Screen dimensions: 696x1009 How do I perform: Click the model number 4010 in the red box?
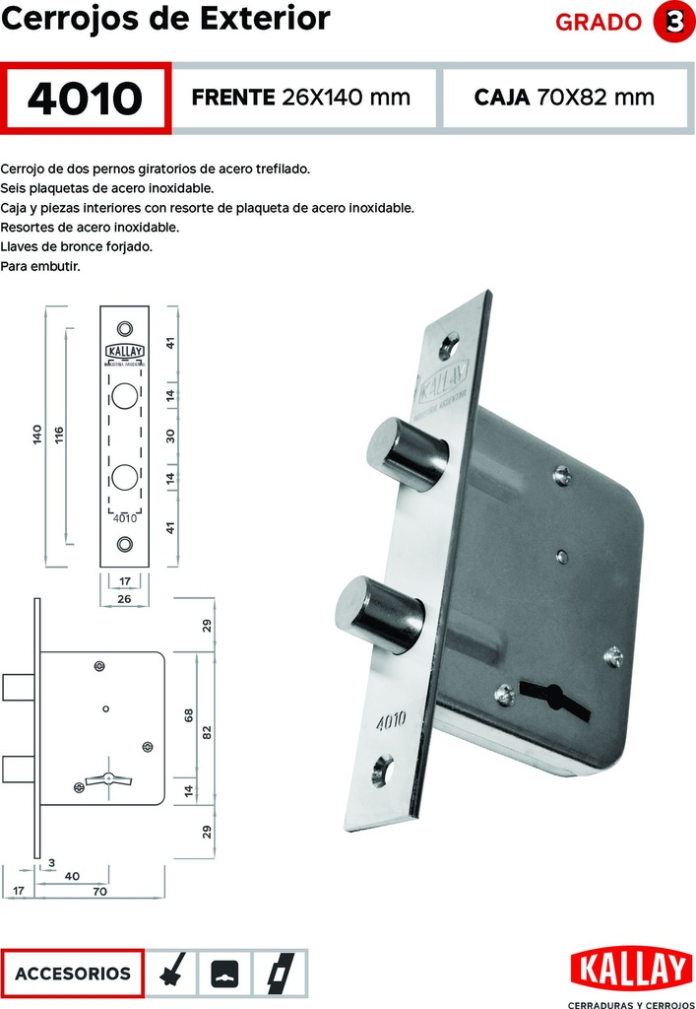(x=85, y=99)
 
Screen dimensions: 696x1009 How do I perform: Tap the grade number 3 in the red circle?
(x=673, y=22)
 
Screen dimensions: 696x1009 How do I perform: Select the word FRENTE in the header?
(x=232, y=98)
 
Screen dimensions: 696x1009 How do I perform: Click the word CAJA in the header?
(x=502, y=98)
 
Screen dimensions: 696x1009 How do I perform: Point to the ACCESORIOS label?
(x=72, y=973)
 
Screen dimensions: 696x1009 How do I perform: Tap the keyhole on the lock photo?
(x=554, y=698)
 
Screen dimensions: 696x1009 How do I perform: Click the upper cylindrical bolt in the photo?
(x=407, y=453)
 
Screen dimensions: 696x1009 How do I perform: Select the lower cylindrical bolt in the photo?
(x=379, y=614)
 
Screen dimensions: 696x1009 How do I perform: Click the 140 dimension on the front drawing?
(x=36, y=435)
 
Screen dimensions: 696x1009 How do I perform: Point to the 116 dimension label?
(x=59, y=436)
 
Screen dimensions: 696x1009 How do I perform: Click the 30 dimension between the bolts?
(x=170, y=436)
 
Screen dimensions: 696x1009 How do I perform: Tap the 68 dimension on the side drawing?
(x=189, y=715)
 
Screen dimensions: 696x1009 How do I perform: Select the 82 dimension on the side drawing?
(x=207, y=732)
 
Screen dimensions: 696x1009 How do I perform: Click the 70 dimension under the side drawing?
(x=99, y=891)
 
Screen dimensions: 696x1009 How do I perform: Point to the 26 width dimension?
(x=124, y=598)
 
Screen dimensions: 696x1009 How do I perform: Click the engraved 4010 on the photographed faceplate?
(x=391, y=720)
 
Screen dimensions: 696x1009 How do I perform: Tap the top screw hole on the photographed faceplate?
(x=449, y=346)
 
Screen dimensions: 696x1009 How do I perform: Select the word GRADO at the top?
(x=599, y=23)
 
